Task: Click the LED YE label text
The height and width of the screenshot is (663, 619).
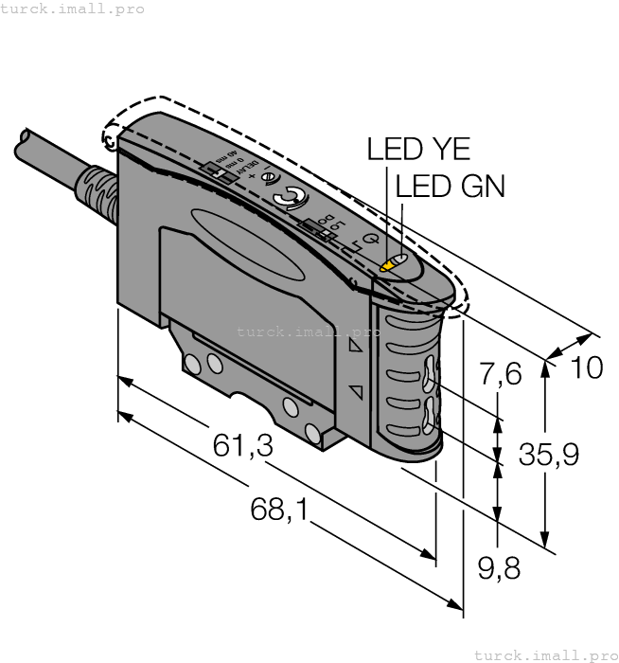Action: tap(418, 150)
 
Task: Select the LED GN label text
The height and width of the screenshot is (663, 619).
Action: tap(450, 187)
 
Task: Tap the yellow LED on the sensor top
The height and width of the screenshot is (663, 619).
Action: tap(387, 266)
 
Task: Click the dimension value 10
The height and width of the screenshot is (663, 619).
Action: tap(587, 367)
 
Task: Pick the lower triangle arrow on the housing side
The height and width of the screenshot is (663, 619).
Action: tap(356, 390)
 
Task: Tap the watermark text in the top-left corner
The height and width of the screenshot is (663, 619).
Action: tap(73, 9)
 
